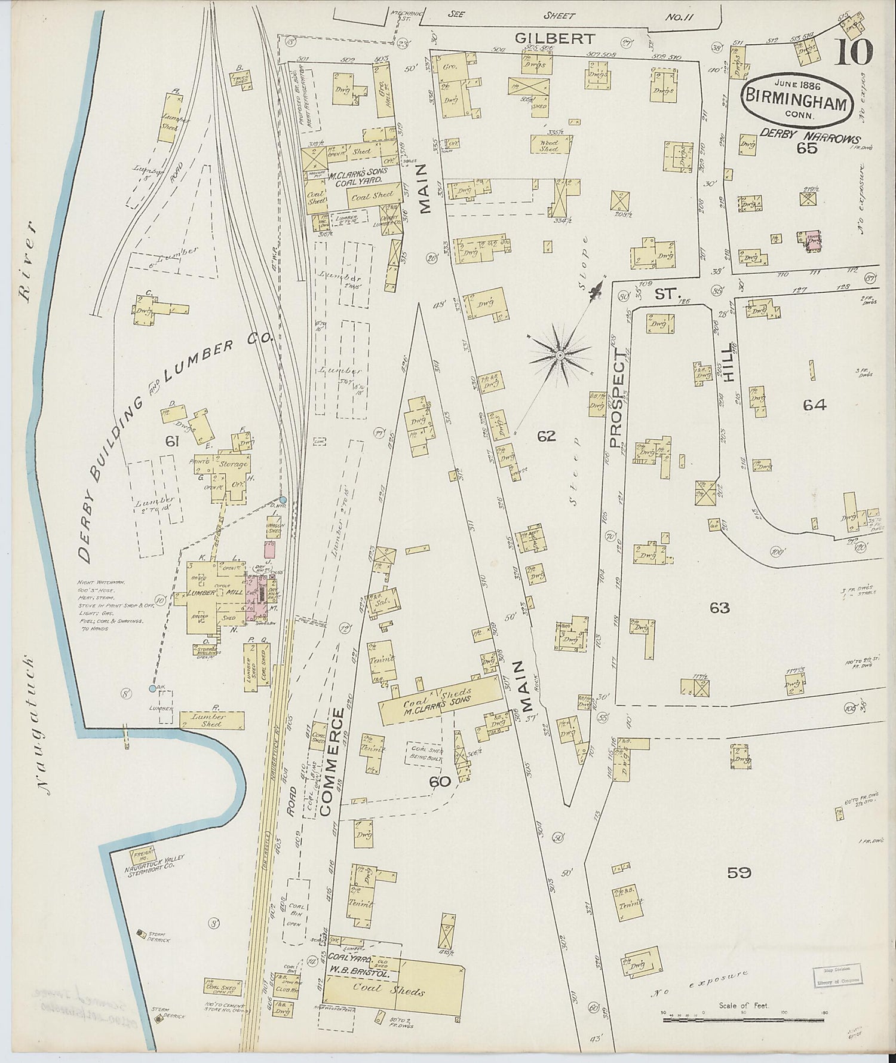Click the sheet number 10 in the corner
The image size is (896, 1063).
tap(854, 52)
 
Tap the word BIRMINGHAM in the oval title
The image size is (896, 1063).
tap(794, 103)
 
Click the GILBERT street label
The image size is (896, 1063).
tap(556, 39)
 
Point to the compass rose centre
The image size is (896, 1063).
tap(560, 356)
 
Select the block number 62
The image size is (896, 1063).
tap(546, 436)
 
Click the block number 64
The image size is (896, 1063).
tap(814, 405)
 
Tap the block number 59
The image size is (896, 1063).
tap(739, 873)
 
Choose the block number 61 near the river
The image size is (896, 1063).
tap(173, 441)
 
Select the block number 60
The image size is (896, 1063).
tap(441, 780)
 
